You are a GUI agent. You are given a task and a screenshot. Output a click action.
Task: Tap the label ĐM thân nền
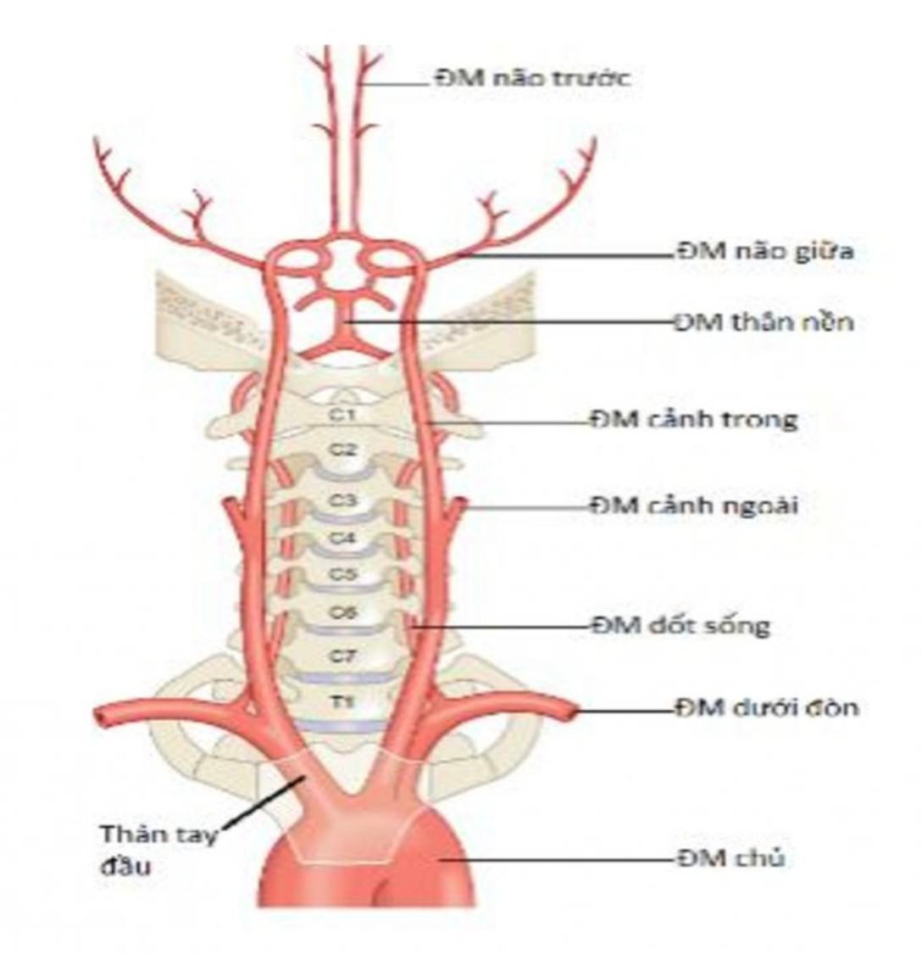click(x=764, y=322)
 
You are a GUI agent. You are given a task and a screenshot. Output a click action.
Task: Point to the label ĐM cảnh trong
click(x=694, y=419)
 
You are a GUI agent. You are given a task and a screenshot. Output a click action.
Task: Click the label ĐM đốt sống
click(x=680, y=627)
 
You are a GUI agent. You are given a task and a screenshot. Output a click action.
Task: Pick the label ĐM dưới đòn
click(x=766, y=706)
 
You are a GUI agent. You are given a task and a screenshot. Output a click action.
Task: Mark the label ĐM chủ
click(x=730, y=858)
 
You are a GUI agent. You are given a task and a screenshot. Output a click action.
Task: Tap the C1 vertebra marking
click(x=342, y=415)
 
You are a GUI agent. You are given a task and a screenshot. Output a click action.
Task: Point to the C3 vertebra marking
click(x=342, y=500)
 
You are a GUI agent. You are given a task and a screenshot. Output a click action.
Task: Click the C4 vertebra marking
click(x=343, y=538)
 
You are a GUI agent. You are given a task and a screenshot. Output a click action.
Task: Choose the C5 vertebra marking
click(x=343, y=574)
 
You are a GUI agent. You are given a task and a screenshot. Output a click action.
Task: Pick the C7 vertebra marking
click(x=343, y=656)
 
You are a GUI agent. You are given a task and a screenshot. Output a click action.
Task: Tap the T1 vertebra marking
click(x=343, y=702)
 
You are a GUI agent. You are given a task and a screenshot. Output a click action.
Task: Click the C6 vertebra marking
click(x=343, y=613)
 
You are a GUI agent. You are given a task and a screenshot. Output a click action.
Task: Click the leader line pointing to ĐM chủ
click(x=559, y=859)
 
